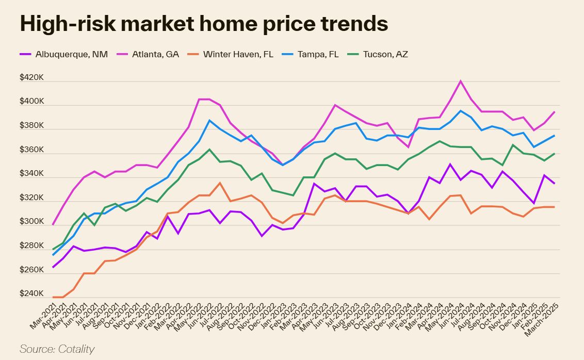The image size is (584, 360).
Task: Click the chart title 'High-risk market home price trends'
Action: (204, 24)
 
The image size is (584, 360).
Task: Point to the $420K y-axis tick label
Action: (32, 77)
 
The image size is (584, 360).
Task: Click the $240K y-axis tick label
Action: (32, 294)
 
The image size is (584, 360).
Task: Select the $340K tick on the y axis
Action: (32, 174)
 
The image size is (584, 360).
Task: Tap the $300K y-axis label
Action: (32, 222)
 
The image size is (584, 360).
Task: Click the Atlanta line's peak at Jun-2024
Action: (461, 81)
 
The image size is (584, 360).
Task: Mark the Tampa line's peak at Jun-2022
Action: (209, 120)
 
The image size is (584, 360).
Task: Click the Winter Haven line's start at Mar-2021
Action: (53, 297)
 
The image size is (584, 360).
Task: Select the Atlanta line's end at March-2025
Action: (555, 111)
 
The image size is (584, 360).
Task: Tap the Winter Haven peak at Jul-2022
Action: (220, 183)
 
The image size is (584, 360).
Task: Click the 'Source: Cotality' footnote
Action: (57, 349)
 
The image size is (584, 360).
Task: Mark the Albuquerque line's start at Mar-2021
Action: (53, 267)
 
